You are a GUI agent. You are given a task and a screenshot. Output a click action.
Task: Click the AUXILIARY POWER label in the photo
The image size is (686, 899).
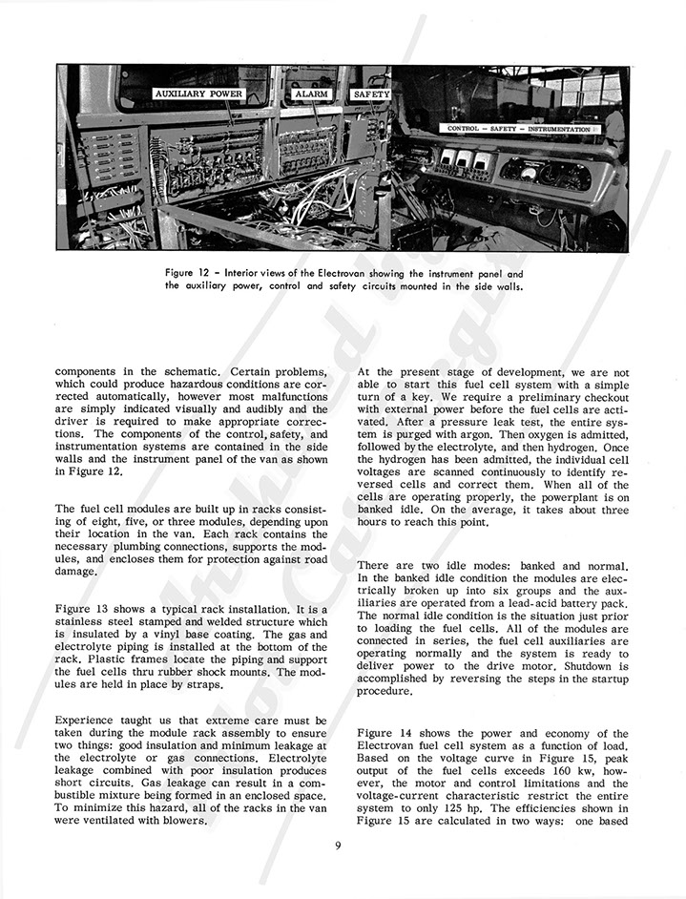[x=198, y=95]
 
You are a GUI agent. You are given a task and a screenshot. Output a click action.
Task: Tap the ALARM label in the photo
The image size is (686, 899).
[x=310, y=95]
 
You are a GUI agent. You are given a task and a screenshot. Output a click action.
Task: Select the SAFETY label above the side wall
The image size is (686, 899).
[x=371, y=95]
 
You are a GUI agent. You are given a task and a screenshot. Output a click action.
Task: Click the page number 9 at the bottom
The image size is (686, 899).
[x=339, y=845]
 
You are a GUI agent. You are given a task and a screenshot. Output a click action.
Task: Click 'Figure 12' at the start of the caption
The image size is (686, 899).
[x=189, y=271]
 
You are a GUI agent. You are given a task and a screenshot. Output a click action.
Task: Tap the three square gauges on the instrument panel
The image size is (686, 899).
[x=456, y=160]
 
